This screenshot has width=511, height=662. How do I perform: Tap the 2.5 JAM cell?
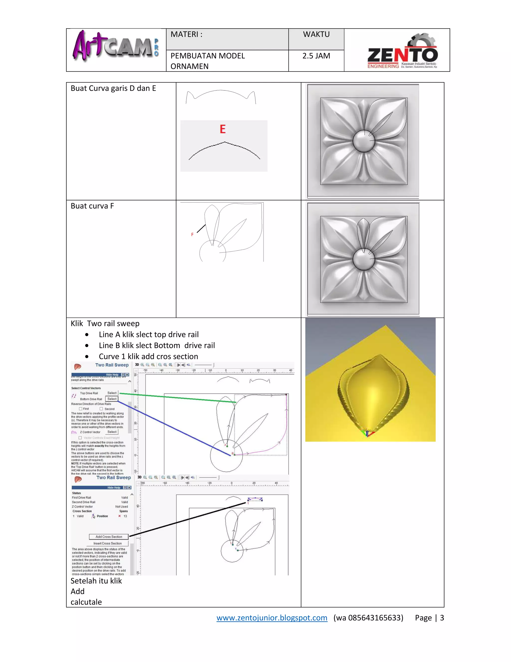[x=316, y=56]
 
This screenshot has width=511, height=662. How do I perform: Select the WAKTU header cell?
[x=316, y=34]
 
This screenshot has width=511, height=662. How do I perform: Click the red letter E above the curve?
[x=223, y=129]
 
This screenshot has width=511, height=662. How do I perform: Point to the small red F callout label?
[x=192, y=235]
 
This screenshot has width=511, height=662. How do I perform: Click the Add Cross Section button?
[x=109, y=537]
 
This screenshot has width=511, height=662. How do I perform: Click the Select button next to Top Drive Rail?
[x=112, y=393]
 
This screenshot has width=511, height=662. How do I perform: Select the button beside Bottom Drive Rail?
[x=112, y=399]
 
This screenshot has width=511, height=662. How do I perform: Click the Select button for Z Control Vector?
[x=112, y=432]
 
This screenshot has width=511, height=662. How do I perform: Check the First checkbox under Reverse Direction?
[x=81, y=409]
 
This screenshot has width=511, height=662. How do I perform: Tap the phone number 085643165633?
[x=375, y=618]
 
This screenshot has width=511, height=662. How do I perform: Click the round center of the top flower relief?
[x=364, y=141]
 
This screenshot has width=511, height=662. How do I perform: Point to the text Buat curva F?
[x=92, y=206]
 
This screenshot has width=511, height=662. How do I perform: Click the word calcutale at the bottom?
[x=86, y=602]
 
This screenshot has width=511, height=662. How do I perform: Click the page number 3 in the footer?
[x=442, y=618]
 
